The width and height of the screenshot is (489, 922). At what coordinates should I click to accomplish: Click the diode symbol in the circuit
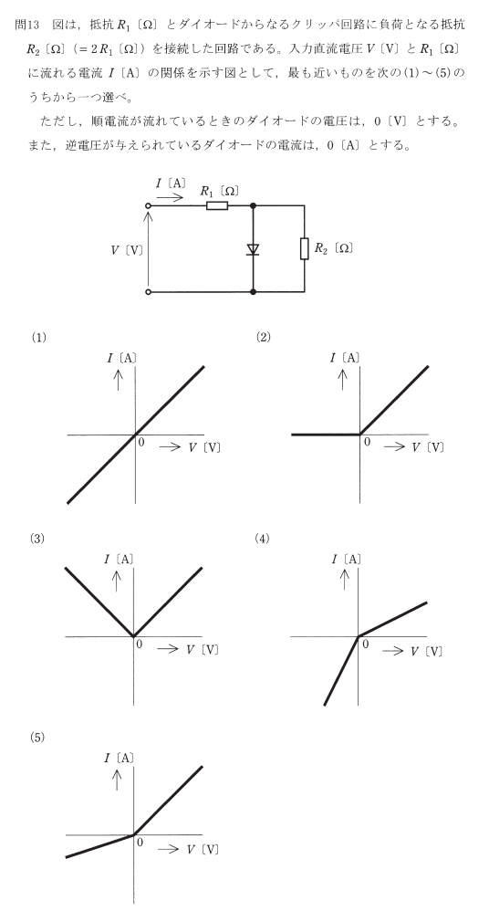tap(254, 249)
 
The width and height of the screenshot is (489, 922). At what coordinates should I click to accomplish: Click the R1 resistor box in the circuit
tap(217, 205)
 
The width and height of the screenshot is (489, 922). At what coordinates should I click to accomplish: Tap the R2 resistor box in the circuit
tap(305, 248)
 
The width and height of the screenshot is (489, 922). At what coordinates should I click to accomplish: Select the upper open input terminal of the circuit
tap(148, 205)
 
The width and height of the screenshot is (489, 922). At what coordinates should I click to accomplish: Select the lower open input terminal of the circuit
tap(148, 291)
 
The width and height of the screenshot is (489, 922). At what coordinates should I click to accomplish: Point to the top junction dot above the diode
tap(254, 205)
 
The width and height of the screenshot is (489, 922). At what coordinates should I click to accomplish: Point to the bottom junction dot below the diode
tap(254, 291)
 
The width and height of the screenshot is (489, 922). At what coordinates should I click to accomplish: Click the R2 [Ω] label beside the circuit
tap(333, 248)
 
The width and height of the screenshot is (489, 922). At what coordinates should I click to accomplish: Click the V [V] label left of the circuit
tap(127, 250)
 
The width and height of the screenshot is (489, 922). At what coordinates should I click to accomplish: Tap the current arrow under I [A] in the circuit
tap(170, 197)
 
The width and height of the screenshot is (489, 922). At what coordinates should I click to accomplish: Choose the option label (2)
tap(263, 338)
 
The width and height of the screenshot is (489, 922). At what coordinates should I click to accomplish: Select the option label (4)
tap(262, 539)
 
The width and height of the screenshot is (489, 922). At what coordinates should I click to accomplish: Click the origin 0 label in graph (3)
tap(140, 644)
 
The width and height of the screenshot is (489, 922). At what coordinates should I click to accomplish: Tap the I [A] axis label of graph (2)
tap(346, 358)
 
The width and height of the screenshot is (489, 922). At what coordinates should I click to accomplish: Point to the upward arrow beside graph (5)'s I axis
tap(118, 779)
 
